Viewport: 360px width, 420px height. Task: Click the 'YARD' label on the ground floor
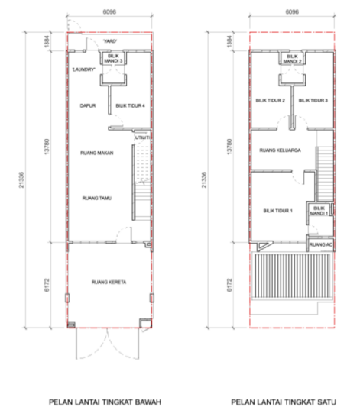pyautogui.click(x=110, y=40)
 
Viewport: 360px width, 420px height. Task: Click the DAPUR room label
pyautogui.click(x=87, y=106)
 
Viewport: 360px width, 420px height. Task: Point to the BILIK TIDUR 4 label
pyautogui.click(x=129, y=106)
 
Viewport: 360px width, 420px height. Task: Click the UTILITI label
pyautogui.click(x=141, y=137)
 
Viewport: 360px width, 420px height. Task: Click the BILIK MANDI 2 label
pyautogui.click(x=291, y=59)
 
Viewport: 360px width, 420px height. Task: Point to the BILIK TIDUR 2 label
pyautogui.click(x=270, y=100)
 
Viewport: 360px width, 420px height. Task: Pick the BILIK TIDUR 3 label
pyautogui.click(x=313, y=100)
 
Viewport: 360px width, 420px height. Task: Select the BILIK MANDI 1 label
pyautogui.click(x=319, y=211)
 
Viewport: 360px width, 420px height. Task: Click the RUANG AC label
pyautogui.click(x=318, y=244)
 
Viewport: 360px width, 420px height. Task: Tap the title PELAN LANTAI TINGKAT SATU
pyautogui.click(x=285, y=402)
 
